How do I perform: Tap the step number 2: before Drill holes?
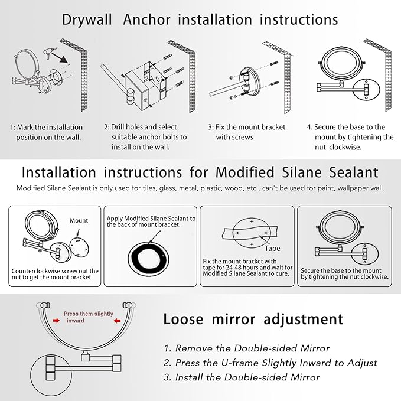(107, 127)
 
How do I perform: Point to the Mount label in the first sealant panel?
(79, 220)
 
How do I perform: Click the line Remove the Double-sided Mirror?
(246, 348)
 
